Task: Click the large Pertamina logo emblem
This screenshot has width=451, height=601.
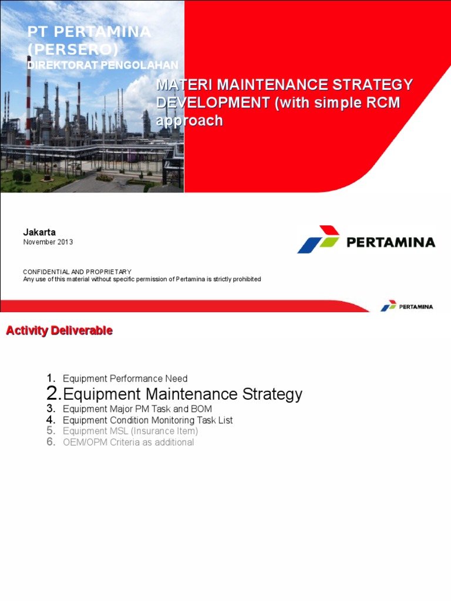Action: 318,239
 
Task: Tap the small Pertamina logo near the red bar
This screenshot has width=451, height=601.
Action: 389,306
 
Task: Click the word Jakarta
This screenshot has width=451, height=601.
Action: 39,232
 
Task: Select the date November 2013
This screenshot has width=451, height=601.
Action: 48,242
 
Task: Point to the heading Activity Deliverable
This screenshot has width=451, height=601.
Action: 59,331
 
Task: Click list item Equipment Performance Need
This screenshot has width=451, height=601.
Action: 125,379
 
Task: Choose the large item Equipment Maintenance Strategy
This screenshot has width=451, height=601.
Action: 183,394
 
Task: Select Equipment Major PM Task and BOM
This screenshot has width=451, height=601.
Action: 137,408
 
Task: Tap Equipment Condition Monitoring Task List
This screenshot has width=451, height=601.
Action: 148,420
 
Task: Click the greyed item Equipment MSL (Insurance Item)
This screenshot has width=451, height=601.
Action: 130,431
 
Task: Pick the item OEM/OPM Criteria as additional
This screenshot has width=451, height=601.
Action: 128,442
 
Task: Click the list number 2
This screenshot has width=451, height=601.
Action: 53,393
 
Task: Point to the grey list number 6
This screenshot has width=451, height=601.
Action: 51,442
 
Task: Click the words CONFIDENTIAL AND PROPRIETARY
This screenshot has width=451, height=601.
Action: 77,272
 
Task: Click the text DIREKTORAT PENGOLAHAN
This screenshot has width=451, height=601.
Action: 103,65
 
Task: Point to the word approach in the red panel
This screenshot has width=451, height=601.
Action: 189,121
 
